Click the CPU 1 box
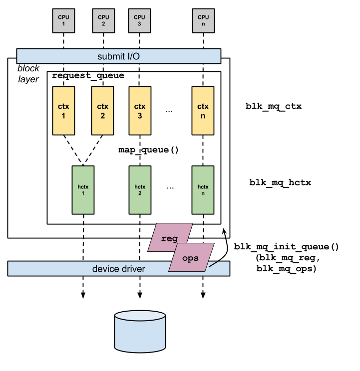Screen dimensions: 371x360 [x=63, y=20]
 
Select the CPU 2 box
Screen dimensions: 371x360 [x=103, y=20]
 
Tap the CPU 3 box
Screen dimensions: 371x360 [x=139, y=20]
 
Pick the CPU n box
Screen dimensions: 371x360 [x=203, y=20]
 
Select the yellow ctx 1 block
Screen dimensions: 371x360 [x=63, y=111]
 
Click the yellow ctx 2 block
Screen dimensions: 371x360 [x=102, y=111]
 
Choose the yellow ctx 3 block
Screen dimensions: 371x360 [x=139, y=111]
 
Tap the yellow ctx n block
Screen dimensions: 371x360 [x=203, y=111]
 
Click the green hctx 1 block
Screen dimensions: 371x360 [x=83, y=190]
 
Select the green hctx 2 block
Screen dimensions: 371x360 [x=139, y=190]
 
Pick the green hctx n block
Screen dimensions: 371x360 [x=203, y=190]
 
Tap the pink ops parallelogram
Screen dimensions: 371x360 [x=191, y=258]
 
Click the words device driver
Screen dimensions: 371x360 [x=118, y=269]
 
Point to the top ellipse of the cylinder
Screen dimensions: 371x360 [x=140, y=317]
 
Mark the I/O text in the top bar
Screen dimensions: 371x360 [x=132, y=56]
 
